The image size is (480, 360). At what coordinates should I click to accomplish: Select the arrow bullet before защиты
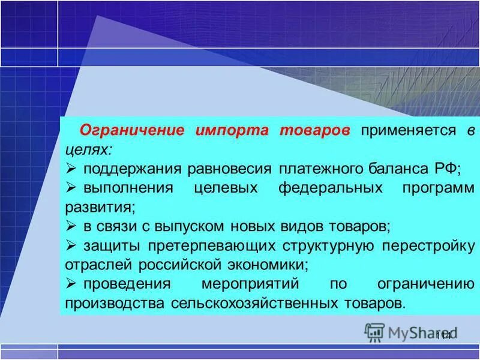tap(70, 245)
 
